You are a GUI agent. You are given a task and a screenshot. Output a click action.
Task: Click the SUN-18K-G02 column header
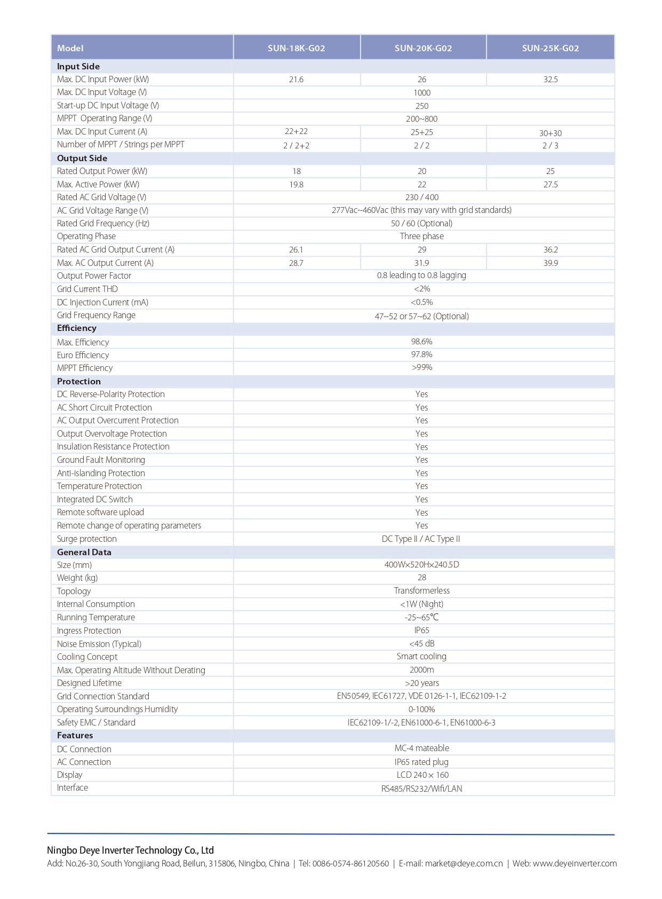[296, 48]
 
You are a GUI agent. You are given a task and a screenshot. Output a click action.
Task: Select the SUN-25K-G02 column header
[550, 48]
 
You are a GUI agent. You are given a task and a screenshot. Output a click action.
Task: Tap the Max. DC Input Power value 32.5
[550, 80]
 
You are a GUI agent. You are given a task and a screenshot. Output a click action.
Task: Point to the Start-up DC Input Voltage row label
[108, 106]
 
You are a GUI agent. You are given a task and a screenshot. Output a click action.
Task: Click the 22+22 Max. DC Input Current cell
[296, 131]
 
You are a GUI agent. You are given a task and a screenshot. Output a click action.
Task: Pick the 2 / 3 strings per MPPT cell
[550, 145]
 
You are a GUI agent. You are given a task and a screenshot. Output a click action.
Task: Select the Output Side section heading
[82, 158]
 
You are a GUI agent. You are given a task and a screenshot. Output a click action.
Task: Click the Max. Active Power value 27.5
[550, 184]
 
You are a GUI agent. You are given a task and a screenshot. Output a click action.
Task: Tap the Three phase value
[421, 236]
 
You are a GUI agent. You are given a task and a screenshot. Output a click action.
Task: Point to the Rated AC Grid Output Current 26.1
[296, 249]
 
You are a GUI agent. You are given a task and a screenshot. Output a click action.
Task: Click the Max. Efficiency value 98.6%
[421, 341]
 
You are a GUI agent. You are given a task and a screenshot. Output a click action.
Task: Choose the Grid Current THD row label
[87, 289]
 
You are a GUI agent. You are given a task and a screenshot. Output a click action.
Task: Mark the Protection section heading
[79, 381]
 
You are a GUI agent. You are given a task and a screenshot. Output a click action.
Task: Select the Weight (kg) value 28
[421, 578]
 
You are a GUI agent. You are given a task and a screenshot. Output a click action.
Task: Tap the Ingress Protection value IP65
[421, 630]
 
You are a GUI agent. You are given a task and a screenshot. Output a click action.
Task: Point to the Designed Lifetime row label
[89, 683]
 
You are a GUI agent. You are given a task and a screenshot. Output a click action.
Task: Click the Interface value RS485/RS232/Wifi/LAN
[421, 788]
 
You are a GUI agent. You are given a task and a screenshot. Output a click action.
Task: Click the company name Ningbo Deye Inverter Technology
[130, 850]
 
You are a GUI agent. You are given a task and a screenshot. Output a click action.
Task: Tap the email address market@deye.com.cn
[464, 864]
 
